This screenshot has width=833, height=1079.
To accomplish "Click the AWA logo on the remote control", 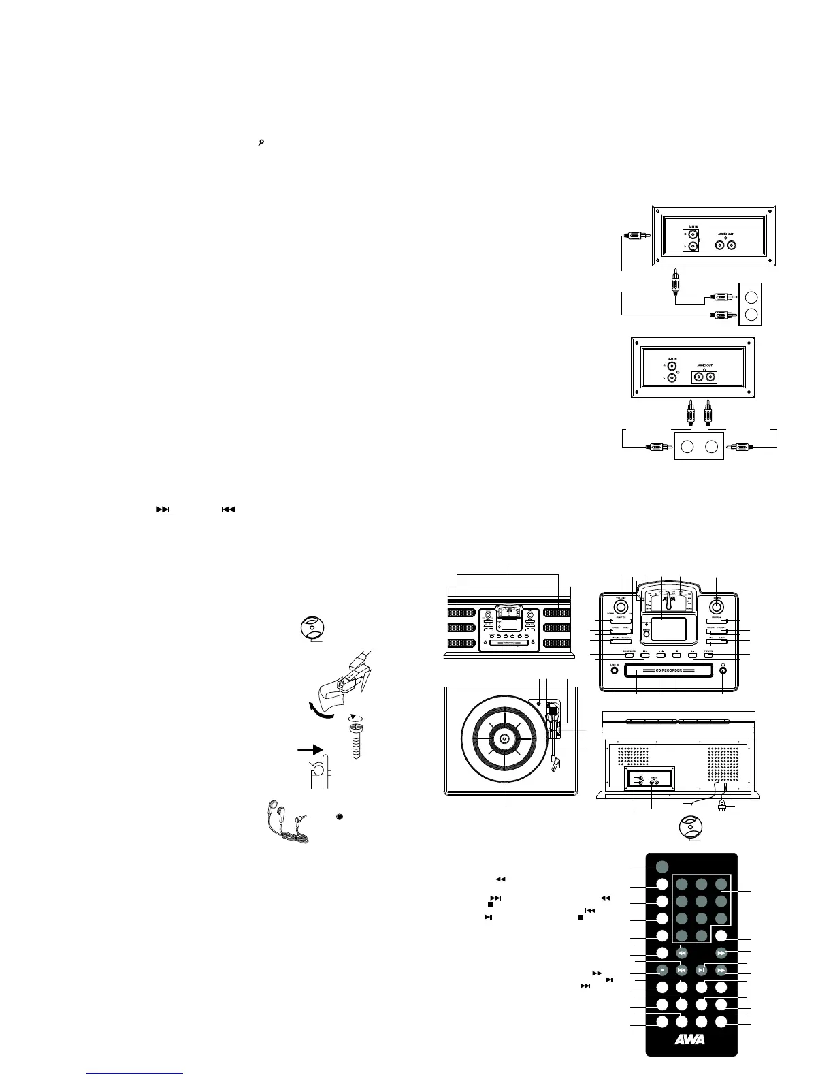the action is point(691,1039).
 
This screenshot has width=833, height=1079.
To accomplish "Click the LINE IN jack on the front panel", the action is point(615,670).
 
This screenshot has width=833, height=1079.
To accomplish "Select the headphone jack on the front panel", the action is point(723,670).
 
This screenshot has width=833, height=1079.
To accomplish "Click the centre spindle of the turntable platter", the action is point(504,740).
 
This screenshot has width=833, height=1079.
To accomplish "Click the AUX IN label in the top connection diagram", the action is point(691,227).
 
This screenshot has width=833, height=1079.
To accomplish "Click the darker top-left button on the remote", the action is point(661,867).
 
